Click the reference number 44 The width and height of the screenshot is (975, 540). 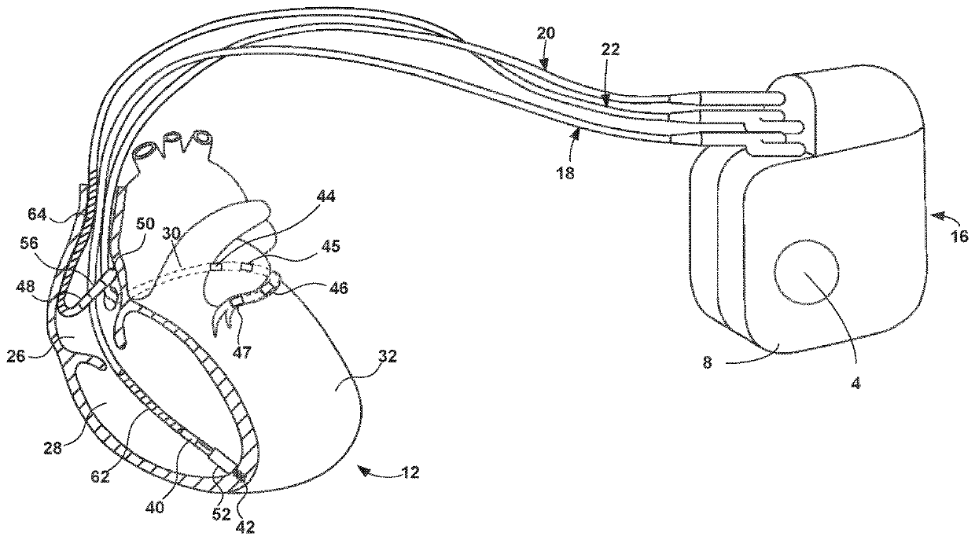coord(324,197)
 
